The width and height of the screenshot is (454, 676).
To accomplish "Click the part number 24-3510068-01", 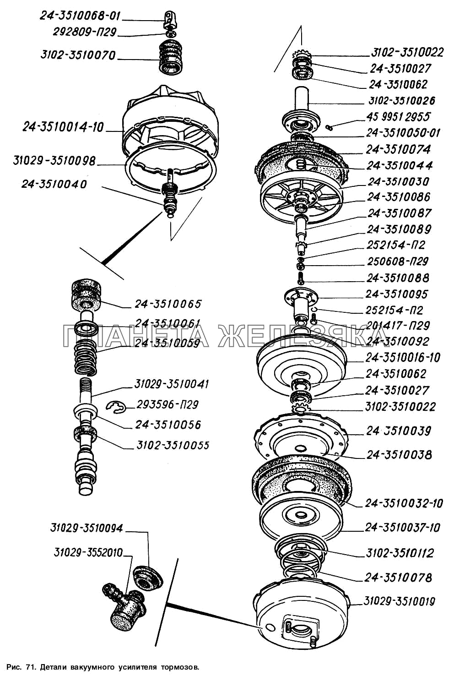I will click(80, 16).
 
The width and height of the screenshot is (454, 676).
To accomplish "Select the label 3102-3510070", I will click(78, 55).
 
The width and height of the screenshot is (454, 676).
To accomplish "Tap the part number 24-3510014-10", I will click(64, 127).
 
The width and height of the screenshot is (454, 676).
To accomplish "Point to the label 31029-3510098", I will click(54, 161).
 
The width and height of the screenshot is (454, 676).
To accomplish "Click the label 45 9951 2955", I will click(398, 117).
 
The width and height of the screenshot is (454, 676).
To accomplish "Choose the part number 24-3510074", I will click(398, 149).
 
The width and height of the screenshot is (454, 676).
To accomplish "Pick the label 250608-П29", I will click(397, 262).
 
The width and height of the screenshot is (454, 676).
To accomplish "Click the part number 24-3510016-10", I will click(403, 357).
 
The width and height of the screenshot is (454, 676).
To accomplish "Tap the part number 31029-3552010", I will click(88, 552).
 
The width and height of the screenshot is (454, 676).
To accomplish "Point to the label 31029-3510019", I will click(399, 601).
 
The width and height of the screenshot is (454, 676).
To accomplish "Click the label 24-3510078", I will click(398, 578).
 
